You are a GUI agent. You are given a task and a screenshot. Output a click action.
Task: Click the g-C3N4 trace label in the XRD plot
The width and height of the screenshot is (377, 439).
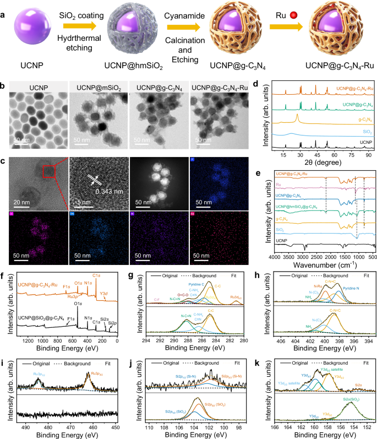360,117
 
